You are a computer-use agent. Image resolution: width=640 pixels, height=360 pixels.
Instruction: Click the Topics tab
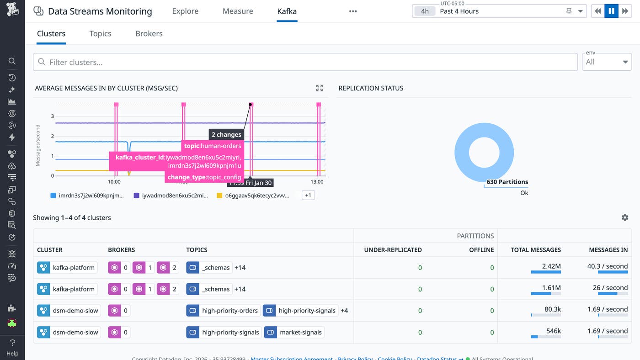point(100,33)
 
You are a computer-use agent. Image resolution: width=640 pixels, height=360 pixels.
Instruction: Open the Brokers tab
point(149,33)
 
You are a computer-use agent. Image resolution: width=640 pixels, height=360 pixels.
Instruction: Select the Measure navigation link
point(238,11)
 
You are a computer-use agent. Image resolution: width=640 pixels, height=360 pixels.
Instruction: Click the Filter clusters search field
point(305,62)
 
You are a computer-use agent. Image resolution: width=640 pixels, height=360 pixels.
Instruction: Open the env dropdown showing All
point(607,62)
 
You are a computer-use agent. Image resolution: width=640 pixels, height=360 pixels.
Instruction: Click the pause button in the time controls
point(611,11)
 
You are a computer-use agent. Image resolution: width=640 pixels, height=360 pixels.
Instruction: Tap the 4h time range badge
point(425,11)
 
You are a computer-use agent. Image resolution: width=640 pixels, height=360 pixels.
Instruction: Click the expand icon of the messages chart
point(320,88)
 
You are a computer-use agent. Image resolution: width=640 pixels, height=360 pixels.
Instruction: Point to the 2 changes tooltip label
point(226,134)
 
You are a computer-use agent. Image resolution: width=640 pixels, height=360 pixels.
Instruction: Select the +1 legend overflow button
point(308,195)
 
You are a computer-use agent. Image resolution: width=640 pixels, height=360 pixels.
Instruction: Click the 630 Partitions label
point(507,182)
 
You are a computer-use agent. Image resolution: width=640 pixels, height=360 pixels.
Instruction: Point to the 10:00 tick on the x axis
point(114,182)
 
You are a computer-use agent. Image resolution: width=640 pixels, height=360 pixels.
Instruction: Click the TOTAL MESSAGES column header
point(535,250)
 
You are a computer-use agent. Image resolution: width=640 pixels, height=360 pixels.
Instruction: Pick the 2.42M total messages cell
point(551,266)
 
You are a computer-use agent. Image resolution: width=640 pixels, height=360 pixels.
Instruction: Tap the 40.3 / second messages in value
point(607,266)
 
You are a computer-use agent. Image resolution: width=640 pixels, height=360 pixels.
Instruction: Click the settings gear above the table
point(625,217)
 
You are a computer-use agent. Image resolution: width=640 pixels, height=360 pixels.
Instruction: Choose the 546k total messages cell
point(553,331)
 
